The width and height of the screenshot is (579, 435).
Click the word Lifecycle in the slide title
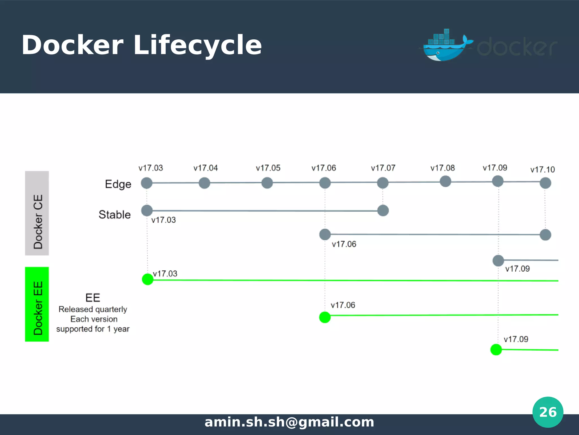pyautogui.click(x=197, y=45)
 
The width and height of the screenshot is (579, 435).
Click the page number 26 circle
pyautogui.click(x=548, y=412)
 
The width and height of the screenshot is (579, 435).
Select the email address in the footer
pyautogui.click(x=289, y=422)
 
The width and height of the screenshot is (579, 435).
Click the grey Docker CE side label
pyautogui.click(x=37, y=213)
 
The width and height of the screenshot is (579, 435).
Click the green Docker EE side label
pyautogui.click(x=37, y=304)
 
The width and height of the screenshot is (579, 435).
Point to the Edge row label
pyautogui.click(x=118, y=184)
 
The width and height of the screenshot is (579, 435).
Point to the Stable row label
pyautogui.click(x=114, y=215)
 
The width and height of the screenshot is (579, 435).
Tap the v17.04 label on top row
pyautogui.click(x=206, y=168)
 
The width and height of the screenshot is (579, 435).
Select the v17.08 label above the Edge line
pyautogui.click(x=442, y=168)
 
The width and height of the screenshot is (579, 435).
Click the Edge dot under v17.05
pyautogui.click(x=267, y=183)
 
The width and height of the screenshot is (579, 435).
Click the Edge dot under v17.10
pyautogui.click(x=545, y=183)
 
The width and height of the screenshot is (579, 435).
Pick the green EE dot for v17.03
pyautogui.click(x=148, y=279)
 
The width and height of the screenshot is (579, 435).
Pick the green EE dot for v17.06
pyautogui.click(x=325, y=317)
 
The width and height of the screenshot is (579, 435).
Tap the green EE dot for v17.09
pyautogui.click(x=496, y=349)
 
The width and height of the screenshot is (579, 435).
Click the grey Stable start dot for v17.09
pyautogui.click(x=498, y=261)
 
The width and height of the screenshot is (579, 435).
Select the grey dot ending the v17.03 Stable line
pyautogui.click(x=383, y=210)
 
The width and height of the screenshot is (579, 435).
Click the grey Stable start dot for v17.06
pyautogui.click(x=325, y=234)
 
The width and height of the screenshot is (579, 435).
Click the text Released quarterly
pyautogui.click(x=93, y=309)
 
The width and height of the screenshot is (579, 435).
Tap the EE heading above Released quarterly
pyautogui.click(x=93, y=298)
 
